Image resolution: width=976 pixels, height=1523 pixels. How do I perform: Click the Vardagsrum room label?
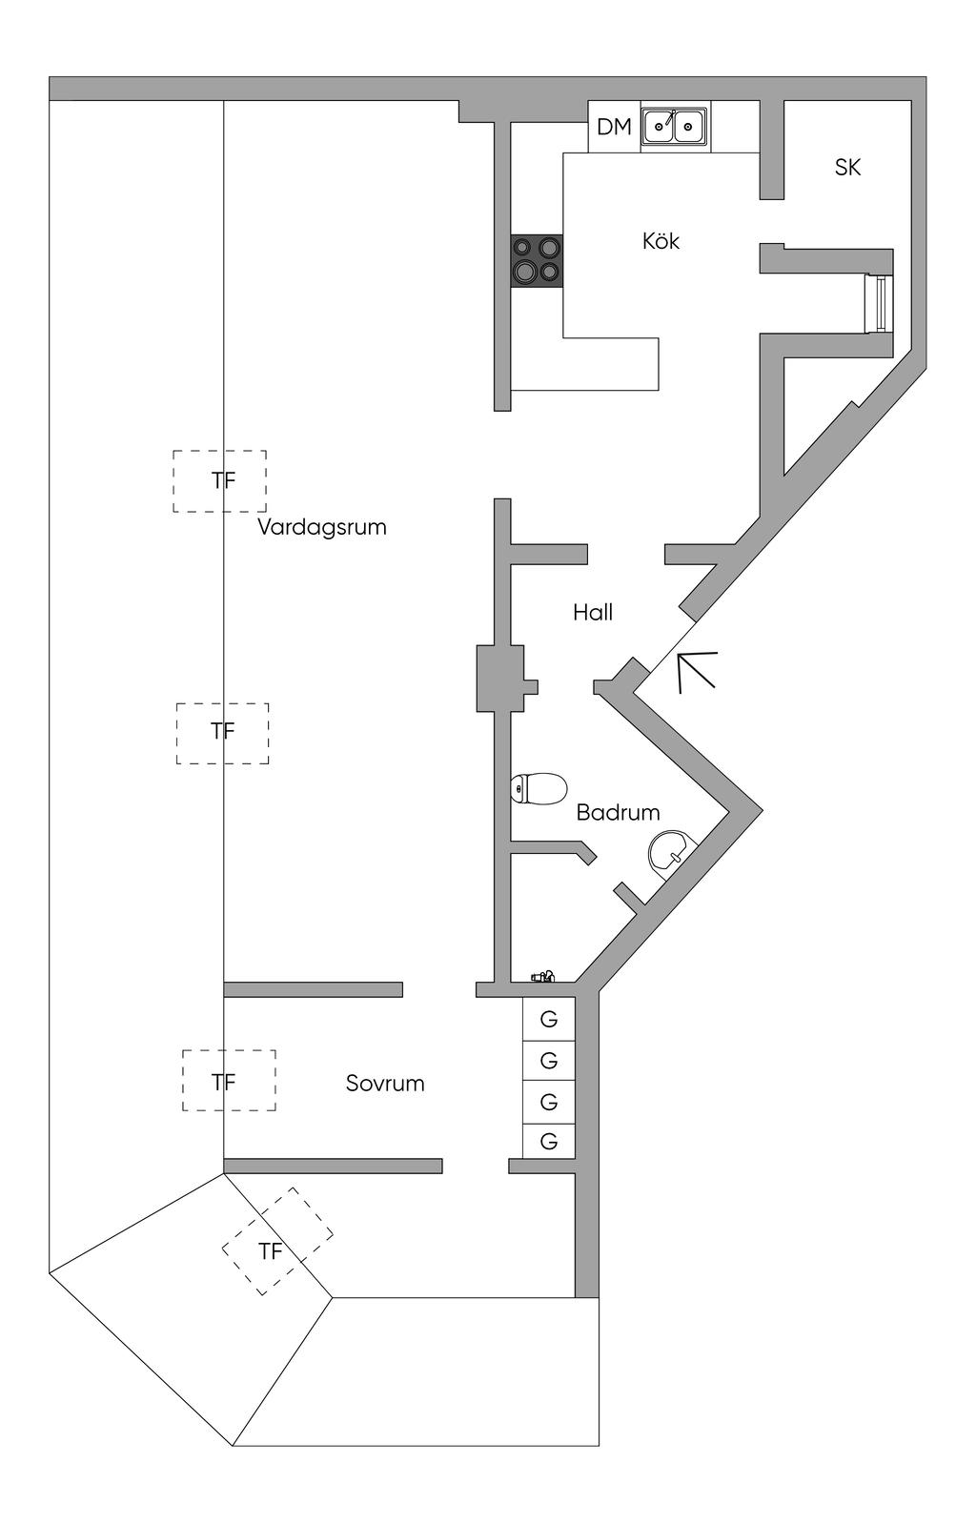321,527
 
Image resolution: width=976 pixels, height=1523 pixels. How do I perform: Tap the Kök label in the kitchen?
661,241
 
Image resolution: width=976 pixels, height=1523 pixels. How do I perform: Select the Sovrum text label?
385,1084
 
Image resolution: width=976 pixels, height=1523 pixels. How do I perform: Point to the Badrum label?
618,813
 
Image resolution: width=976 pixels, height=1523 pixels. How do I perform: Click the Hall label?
593,612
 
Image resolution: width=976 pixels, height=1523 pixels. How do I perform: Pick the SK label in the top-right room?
847,168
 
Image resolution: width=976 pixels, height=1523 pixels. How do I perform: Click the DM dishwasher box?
614,127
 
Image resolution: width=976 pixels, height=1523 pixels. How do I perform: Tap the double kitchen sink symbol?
674,126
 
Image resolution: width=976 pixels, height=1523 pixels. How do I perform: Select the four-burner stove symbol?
537,260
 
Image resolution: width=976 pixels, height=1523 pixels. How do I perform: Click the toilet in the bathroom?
538,789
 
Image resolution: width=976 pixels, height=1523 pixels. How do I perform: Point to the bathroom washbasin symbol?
670,850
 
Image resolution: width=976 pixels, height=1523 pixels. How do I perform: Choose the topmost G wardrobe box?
549,1019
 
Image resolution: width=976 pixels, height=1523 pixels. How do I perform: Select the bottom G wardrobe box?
549,1141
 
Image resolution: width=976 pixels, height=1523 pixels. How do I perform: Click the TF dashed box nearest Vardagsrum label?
219,481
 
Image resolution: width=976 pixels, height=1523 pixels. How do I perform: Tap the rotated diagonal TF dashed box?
276,1241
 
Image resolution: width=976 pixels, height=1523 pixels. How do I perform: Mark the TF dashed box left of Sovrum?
229,1081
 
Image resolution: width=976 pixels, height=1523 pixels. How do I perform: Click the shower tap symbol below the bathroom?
543,976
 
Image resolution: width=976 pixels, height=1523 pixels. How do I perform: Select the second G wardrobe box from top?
549,1060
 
